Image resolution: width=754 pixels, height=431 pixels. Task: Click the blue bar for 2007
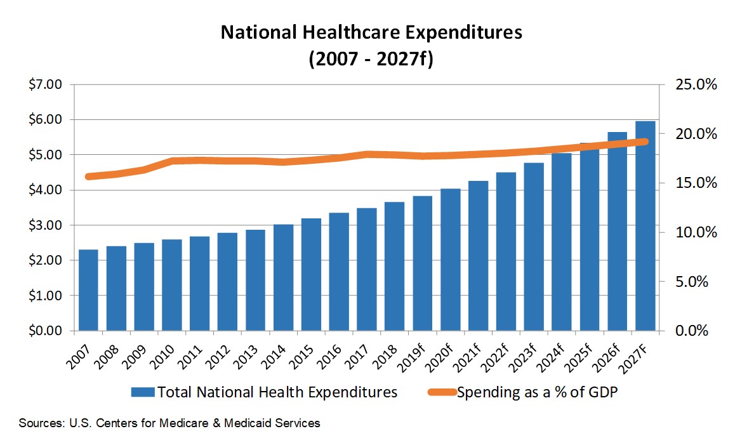pos(88,290)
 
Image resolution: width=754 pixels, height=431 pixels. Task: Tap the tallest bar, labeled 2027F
pos(645,226)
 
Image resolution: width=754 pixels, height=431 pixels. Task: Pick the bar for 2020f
pos(451,260)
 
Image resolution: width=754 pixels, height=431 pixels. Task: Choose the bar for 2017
pos(367,269)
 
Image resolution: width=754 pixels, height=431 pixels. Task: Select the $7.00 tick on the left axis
pos(45,84)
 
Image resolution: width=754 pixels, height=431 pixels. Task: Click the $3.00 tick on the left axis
pos(45,225)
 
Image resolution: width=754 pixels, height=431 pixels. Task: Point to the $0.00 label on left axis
pos(45,331)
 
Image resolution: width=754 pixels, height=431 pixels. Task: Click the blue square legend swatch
pos(143,392)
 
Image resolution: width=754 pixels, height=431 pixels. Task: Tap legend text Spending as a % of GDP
pos(537,392)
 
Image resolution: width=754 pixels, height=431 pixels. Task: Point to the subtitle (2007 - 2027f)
pos(371,60)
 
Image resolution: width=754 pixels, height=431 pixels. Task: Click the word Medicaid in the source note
pos(243,422)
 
